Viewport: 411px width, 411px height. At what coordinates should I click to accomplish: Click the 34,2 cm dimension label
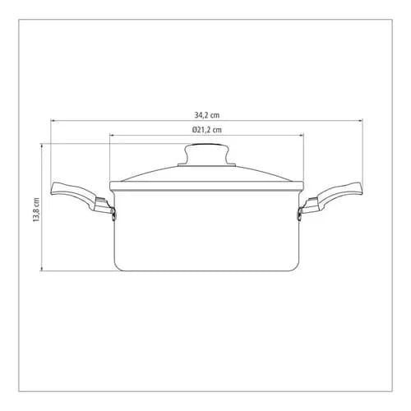pyautogui.click(x=207, y=115)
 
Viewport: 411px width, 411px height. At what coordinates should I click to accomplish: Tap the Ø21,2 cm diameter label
pyautogui.click(x=207, y=130)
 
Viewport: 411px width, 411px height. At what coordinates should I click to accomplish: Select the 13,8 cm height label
pyautogui.click(x=36, y=210)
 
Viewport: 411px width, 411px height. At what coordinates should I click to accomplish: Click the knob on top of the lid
pyautogui.click(x=206, y=154)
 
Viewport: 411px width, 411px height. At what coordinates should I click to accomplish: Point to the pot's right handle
pyautogui.click(x=331, y=198)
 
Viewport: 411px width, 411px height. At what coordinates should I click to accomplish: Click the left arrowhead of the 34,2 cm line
pyautogui.click(x=53, y=120)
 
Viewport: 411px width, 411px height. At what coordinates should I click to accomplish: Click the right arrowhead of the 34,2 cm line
pyautogui.click(x=360, y=120)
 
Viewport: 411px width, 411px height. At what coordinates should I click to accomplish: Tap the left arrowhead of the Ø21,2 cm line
pyautogui.click(x=112, y=135)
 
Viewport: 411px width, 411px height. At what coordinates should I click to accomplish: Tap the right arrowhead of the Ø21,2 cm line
pyautogui.click(x=302, y=135)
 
